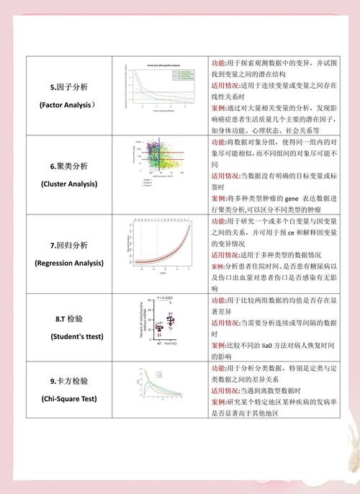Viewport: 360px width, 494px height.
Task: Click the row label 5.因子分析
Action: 69,87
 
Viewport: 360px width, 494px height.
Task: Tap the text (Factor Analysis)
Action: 69,105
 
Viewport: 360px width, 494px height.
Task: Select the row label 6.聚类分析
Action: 69,166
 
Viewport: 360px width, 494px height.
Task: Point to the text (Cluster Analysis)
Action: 69,184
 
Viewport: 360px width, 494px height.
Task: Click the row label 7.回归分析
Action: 69,246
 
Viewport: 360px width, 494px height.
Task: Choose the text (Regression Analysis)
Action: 69,263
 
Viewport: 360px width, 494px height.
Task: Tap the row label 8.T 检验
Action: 69,318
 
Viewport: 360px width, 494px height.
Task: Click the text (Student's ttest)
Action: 69,336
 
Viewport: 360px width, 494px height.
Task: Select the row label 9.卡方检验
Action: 69,381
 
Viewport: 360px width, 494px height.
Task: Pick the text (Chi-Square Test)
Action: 69,398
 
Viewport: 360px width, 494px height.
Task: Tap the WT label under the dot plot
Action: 158,344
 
